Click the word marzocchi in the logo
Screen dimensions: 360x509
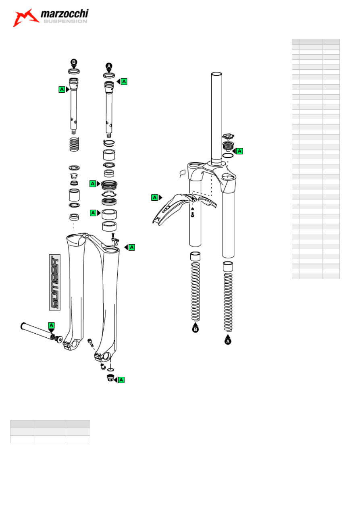(65, 14)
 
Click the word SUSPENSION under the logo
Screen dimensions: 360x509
(65, 21)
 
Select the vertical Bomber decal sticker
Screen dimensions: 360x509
(55, 282)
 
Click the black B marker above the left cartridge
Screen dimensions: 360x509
(74, 62)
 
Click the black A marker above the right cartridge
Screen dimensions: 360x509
(109, 66)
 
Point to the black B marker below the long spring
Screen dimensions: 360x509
(195, 329)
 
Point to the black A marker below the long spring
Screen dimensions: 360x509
(228, 341)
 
